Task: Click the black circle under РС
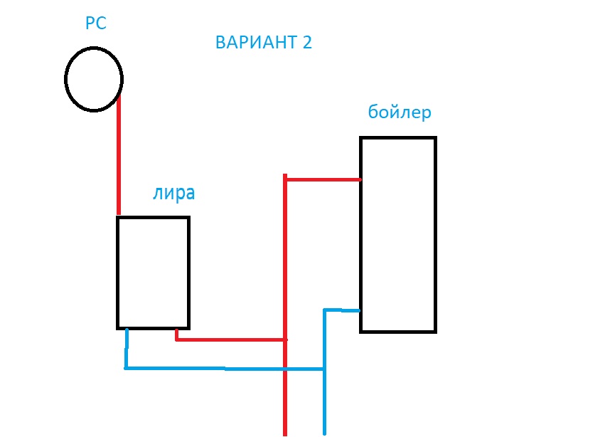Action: point(94,78)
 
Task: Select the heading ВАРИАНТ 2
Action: point(263,42)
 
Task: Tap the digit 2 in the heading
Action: point(307,42)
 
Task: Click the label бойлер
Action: point(400,112)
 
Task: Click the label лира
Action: point(173,194)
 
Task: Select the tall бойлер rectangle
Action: point(398,234)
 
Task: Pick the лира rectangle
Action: point(153,273)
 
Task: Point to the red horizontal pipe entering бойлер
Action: point(323,179)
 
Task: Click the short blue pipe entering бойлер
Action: point(343,310)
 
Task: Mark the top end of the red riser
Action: point(284,176)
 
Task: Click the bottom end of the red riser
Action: point(284,433)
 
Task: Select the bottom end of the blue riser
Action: point(324,432)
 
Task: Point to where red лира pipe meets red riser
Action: point(284,339)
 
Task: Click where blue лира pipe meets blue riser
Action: point(324,369)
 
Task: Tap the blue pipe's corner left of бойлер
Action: point(325,310)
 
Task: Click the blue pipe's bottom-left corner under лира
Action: point(126,368)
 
